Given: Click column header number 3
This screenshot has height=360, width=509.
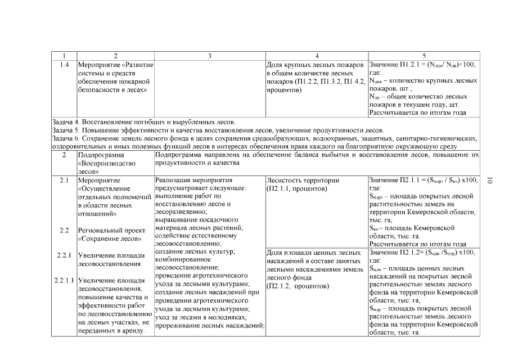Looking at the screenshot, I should [209, 56].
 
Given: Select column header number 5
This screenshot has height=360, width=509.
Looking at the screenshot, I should [424, 56].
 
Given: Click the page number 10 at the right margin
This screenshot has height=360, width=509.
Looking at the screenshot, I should [490, 180].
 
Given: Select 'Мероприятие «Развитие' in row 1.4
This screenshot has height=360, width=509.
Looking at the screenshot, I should [115, 65].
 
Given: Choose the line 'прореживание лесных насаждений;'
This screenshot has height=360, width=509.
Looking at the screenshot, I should [208, 326].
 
